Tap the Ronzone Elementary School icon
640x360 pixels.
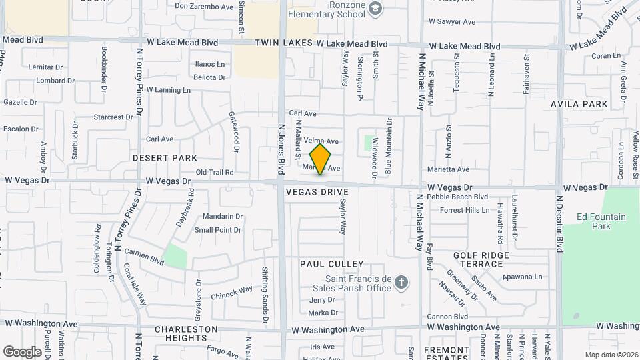coord(375,8)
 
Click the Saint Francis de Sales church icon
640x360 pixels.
coord(401,283)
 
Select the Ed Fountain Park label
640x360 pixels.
coord(601,221)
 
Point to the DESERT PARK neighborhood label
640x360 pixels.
coord(165,158)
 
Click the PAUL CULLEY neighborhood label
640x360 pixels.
coord(331,265)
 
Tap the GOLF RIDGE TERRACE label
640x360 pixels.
coord(481,259)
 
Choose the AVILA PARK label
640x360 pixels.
coord(579,104)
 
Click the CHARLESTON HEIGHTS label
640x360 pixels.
coord(186,333)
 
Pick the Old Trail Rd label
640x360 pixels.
coord(215,172)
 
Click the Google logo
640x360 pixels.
coord(22,351)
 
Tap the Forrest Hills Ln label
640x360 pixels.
coord(465,210)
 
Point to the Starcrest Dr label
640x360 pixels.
coord(113,117)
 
